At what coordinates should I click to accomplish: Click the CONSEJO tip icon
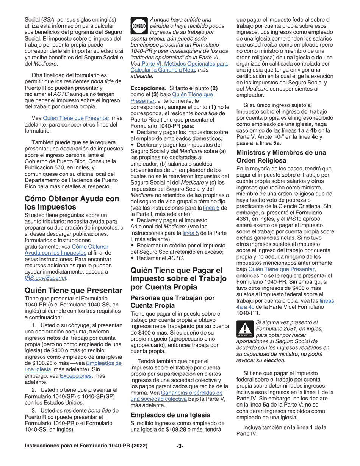(x=139, y=26)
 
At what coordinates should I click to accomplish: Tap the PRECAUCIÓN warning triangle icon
(x=245, y=328)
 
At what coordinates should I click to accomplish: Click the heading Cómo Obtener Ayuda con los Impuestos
(x=72, y=203)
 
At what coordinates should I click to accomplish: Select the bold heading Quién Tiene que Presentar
(x=74, y=290)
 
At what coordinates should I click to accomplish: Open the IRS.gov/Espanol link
(x=45, y=278)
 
